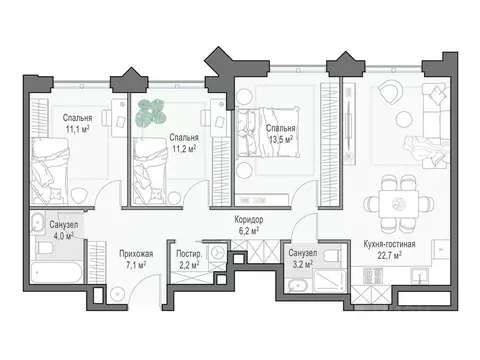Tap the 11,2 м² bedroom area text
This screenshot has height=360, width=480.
tap(182, 145)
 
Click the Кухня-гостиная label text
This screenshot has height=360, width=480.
tap(391, 243)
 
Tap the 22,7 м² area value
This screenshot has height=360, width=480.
tap(391, 255)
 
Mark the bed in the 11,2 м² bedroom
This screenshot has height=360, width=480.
tap(160, 170)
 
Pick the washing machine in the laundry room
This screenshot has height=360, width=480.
tap(214, 250)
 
